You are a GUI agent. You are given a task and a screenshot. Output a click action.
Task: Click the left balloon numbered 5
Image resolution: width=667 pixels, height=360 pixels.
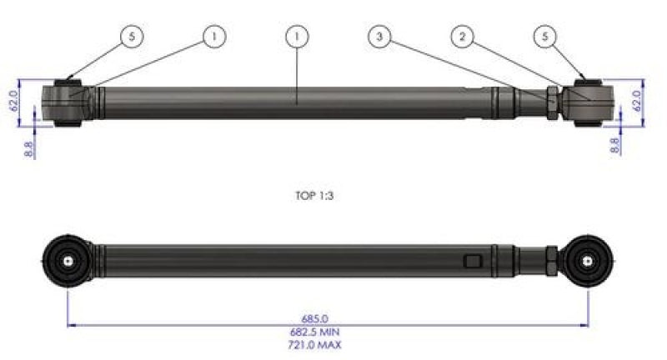[131, 37]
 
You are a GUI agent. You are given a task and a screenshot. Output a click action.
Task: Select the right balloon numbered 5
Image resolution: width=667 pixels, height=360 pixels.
[546, 37]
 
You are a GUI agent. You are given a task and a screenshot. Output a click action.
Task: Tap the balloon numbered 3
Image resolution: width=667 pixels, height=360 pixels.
[380, 37]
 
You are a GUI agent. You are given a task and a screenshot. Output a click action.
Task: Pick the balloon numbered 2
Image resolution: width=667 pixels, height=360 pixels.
[464, 37]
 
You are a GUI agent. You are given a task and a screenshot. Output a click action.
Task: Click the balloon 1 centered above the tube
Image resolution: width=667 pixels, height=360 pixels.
[297, 37]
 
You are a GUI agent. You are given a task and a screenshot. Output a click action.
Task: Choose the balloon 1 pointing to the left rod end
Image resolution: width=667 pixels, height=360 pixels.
[214, 37]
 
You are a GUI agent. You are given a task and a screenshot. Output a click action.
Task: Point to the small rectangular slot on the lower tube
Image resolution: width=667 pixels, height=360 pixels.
[474, 262]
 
